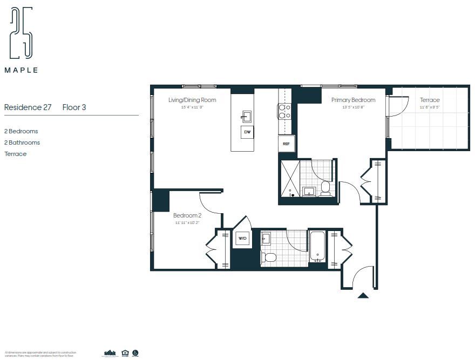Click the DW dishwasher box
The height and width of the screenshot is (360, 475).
pyautogui.click(x=247, y=132)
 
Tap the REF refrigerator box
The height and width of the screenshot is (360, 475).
pyautogui.click(x=286, y=144)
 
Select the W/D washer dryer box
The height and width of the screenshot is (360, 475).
pyautogui.click(x=242, y=239)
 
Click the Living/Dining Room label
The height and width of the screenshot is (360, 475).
pyautogui.click(x=192, y=100)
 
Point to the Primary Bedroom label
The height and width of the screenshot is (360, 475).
pyautogui.click(x=353, y=100)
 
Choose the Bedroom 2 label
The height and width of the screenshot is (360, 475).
pyautogui.click(x=187, y=215)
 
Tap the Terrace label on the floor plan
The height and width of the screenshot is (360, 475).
pyautogui.click(x=430, y=100)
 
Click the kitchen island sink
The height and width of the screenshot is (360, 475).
pyautogui.click(x=246, y=116)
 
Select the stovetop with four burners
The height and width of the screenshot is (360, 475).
pyautogui.click(x=284, y=111)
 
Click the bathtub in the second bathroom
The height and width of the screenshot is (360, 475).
pyautogui.click(x=317, y=247)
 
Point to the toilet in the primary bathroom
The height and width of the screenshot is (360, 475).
pyautogui.click(x=325, y=188)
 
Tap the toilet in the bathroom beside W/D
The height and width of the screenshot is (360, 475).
pyautogui.click(x=270, y=257)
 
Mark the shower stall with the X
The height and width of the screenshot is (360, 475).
pyautogui.click(x=290, y=179)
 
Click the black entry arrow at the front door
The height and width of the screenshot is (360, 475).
pyautogui.click(x=363, y=295)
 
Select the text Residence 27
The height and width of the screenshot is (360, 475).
pyautogui.click(x=28, y=107)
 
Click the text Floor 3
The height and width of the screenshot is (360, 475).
pyautogui.click(x=74, y=107)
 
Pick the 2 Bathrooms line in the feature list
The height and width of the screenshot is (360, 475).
pyautogui.click(x=22, y=142)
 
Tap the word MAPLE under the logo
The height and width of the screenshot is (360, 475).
pyautogui.click(x=22, y=70)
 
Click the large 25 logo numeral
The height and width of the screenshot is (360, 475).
pyautogui.click(x=21, y=33)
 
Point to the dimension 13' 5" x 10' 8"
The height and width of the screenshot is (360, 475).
pyautogui.click(x=353, y=107)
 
